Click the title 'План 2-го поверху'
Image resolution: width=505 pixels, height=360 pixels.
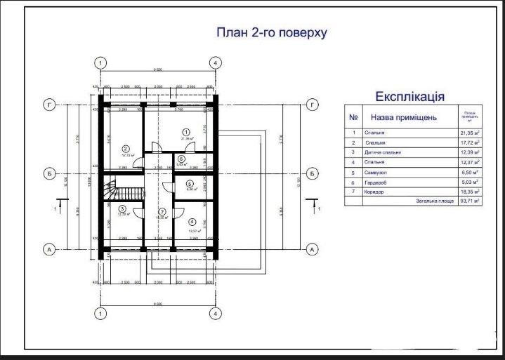[271, 32]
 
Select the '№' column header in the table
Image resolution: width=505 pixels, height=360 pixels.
[354, 117]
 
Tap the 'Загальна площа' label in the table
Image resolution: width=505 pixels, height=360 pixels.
[431, 201]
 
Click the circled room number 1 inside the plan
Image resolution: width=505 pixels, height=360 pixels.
[186, 131]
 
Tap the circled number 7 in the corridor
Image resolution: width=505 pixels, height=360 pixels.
[162, 211]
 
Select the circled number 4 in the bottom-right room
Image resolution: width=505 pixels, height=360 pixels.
[192, 222]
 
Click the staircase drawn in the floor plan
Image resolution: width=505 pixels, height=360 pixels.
[112, 188]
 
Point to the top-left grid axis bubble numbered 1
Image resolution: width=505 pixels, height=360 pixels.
[102, 62]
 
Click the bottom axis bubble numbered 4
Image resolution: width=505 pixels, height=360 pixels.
[216, 315]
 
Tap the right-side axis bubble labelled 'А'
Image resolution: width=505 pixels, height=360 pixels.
[313, 249]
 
